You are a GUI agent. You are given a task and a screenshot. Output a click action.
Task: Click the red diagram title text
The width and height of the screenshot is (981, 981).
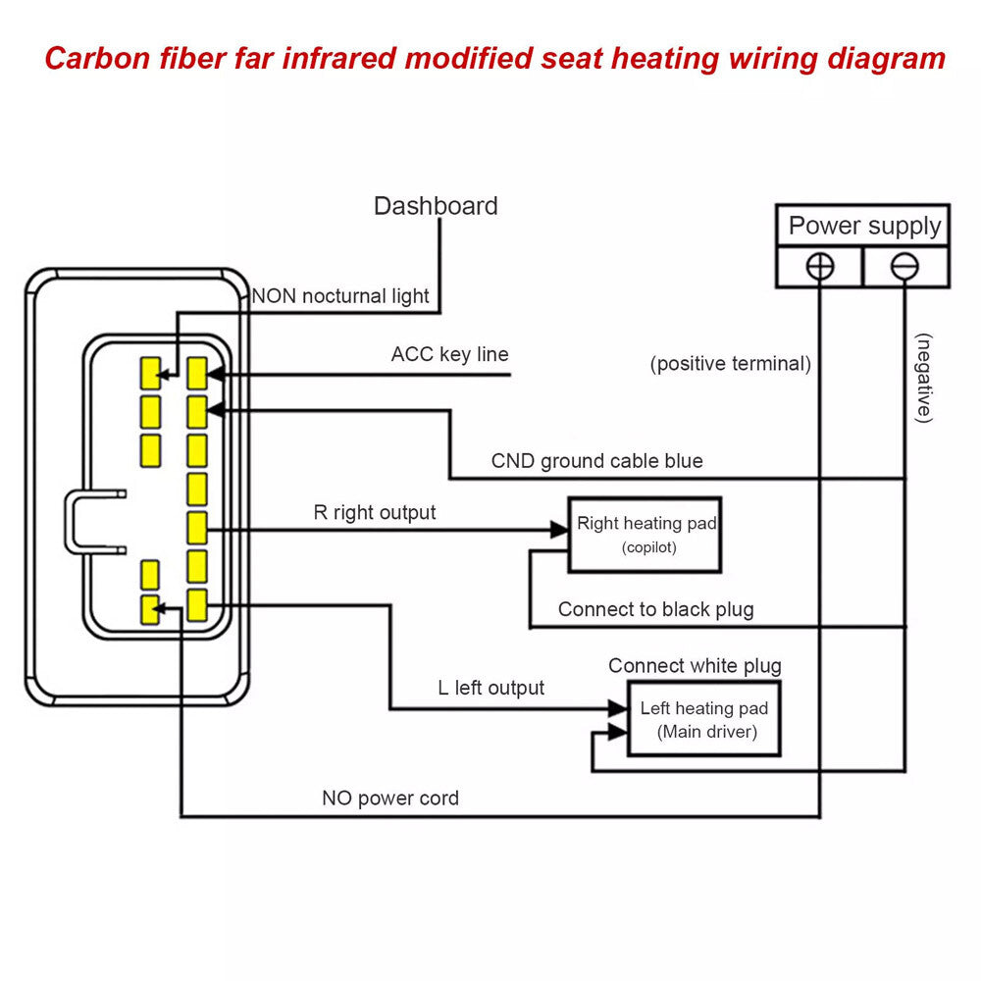click(494, 59)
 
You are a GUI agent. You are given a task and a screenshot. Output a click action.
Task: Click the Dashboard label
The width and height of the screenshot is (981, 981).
click(436, 206)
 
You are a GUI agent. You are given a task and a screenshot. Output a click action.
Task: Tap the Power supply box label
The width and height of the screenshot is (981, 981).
click(863, 227)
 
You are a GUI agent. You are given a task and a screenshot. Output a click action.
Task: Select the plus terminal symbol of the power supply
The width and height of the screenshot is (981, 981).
click(821, 267)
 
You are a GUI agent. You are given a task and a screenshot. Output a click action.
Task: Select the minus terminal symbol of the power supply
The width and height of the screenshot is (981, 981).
click(904, 267)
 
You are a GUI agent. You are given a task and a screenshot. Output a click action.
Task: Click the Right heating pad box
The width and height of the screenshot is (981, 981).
click(645, 535)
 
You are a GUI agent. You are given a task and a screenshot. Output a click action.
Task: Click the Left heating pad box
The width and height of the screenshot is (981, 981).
click(704, 720)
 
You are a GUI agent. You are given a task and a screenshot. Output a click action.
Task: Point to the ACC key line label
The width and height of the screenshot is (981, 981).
click(449, 354)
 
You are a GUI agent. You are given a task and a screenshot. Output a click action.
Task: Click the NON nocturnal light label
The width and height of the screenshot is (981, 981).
click(340, 295)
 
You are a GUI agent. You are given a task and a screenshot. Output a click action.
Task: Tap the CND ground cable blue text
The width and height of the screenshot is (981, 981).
click(596, 461)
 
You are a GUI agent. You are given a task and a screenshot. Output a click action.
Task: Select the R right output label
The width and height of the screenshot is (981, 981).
click(375, 512)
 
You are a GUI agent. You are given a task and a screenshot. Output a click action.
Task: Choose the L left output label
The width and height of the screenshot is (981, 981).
click(490, 688)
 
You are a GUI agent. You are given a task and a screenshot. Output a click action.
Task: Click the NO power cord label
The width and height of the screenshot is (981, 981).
click(390, 799)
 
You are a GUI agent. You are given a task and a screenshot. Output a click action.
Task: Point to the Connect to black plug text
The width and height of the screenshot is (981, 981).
click(655, 609)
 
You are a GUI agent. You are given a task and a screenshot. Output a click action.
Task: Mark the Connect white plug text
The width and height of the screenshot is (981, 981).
click(695, 666)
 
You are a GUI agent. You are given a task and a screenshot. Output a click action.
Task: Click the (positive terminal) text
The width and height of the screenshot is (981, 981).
click(731, 364)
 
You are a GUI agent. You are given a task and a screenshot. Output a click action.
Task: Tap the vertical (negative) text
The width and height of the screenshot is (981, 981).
click(923, 378)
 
